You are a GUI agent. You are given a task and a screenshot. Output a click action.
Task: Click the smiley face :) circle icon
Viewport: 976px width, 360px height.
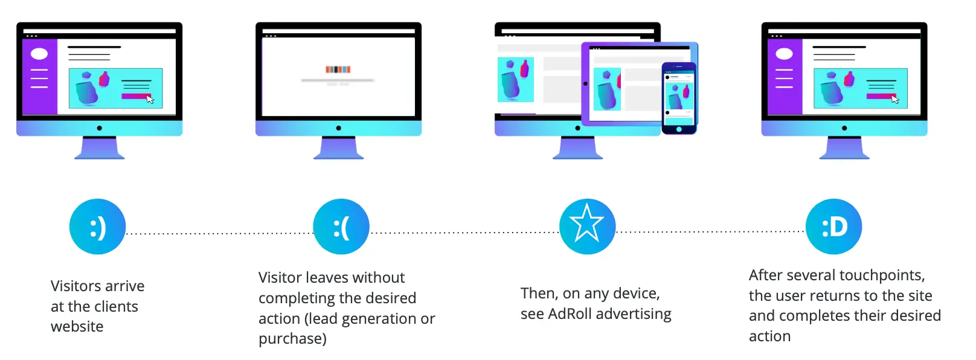pyautogui.click(x=97, y=227)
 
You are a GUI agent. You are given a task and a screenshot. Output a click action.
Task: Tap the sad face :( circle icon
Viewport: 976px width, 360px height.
pyautogui.click(x=341, y=227)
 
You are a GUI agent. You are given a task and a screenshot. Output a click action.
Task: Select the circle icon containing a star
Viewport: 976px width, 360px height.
pyautogui.click(x=587, y=227)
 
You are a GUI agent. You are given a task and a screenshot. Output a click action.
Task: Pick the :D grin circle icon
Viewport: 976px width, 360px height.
pyautogui.click(x=833, y=227)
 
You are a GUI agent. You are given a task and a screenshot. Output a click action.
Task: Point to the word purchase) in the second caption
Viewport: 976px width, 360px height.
pyautogui.click(x=292, y=339)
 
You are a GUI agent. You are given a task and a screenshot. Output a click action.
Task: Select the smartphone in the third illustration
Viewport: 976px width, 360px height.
pyautogui.click(x=679, y=98)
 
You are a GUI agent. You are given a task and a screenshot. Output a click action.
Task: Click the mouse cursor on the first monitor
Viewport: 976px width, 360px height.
pyautogui.click(x=150, y=99)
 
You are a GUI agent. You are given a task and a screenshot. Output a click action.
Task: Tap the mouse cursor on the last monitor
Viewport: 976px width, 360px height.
pyautogui.click(x=895, y=99)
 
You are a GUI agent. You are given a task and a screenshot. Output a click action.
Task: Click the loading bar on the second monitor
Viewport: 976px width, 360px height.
pyautogui.click(x=338, y=80)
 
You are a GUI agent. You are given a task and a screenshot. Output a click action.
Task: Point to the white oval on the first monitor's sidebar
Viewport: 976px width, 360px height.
pyautogui.click(x=39, y=54)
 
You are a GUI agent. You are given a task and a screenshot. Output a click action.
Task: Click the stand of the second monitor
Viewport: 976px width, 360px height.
pyautogui.click(x=338, y=149)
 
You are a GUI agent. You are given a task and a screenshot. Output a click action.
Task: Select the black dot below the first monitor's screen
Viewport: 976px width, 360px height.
pyautogui.click(x=99, y=128)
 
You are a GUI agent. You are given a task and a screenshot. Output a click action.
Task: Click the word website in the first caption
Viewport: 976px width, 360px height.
pyautogui.click(x=77, y=327)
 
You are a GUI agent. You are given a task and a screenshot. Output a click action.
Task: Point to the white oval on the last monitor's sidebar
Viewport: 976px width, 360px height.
pyautogui.click(x=784, y=54)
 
